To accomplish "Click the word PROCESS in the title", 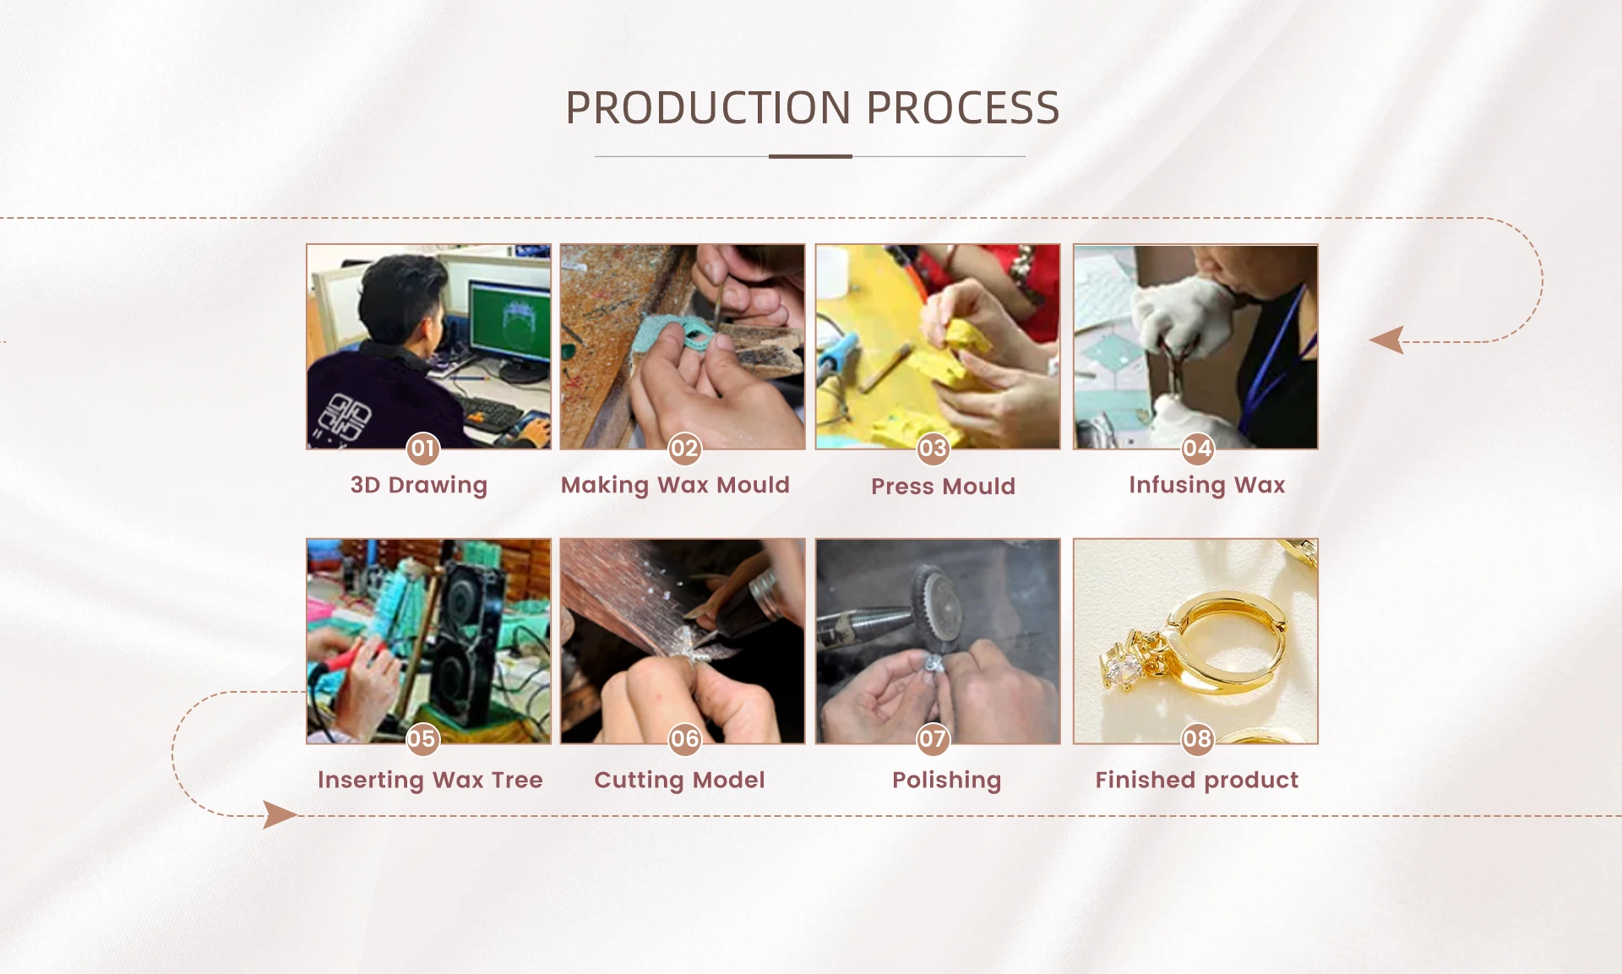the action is pos(963,108).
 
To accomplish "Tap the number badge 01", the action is pos(422,448).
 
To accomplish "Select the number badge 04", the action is pos(1197,448).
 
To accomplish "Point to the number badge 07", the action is pos(933,739).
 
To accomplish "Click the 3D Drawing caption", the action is pos(419,485).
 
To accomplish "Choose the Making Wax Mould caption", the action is pos(675,485).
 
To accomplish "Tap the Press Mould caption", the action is pos(943,486).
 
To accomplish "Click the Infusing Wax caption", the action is pos(1206,485).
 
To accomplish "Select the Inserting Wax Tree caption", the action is pos(430,780).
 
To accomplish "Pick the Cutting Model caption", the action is pos(679,780).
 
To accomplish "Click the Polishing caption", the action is pos(946,780).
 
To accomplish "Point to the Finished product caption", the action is pos(1196,780).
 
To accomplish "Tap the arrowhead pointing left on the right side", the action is pos(1386,340).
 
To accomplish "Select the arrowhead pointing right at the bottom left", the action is pos(280,815).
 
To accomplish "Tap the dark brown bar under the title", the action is pos(810,156).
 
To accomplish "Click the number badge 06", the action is pos(684,739).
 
